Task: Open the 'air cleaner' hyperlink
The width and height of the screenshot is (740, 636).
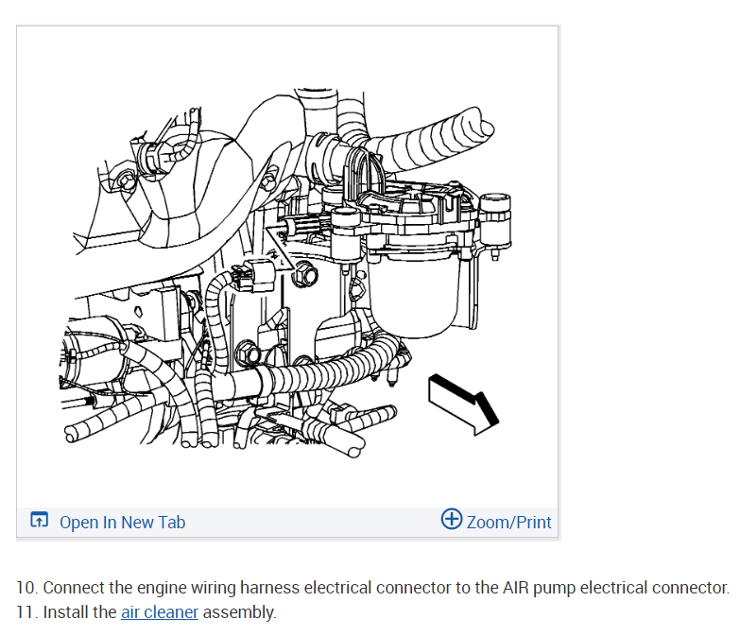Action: coord(160,611)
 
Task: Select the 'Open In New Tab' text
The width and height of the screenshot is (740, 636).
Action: coord(122,522)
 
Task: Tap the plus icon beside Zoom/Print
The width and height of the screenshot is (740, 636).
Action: coord(452,519)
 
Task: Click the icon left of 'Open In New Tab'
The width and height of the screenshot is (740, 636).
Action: coord(39,521)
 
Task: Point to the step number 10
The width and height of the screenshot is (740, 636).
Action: coord(26,588)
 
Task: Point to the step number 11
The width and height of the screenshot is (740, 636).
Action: coord(26,611)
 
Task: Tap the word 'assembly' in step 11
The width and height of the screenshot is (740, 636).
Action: coord(239,611)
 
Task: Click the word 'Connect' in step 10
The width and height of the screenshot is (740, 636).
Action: coord(73,588)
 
